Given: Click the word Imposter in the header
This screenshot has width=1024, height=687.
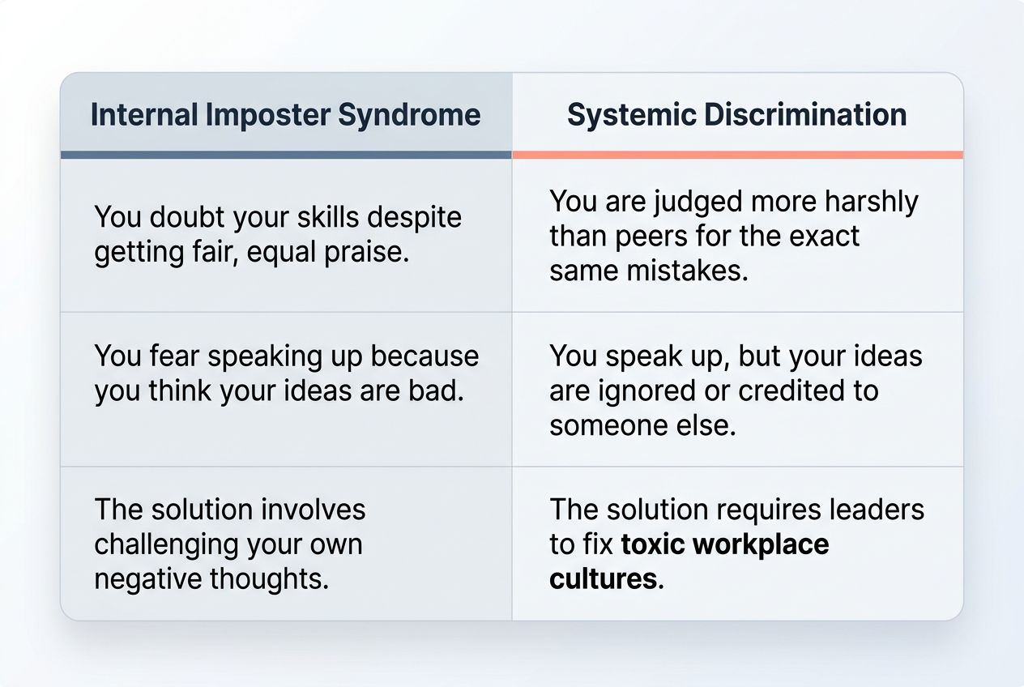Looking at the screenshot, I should [268, 115].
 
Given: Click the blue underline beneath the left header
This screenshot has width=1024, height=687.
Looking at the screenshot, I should [286, 155].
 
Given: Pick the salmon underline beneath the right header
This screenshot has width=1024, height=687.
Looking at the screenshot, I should [737, 155].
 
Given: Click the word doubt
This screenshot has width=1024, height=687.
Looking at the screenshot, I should [190, 218].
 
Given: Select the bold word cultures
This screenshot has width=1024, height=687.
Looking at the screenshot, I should [603, 579].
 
